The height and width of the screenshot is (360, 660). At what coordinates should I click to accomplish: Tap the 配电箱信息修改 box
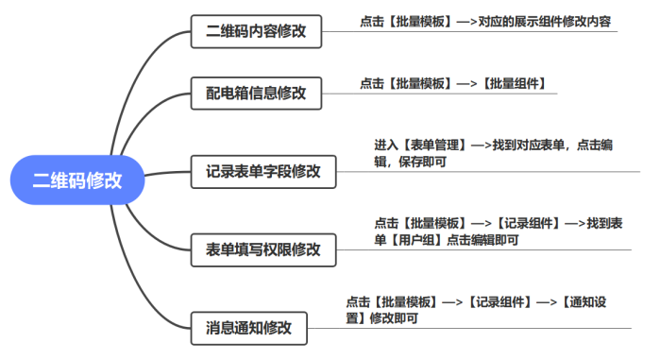pyautogui.click(x=255, y=94)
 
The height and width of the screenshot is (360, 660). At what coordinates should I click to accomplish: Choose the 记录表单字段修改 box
pyautogui.click(x=262, y=172)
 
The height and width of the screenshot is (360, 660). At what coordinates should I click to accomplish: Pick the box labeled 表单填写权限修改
pyautogui.click(x=262, y=250)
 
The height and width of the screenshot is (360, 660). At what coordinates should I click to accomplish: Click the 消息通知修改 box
pyautogui.click(x=248, y=329)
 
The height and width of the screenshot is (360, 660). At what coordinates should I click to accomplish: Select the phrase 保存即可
pyautogui.click(x=422, y=162)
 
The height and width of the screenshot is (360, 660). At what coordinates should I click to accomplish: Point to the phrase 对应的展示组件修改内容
pyautogui.click(x=547, y=20)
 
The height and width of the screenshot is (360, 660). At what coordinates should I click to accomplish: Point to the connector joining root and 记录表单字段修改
pyautogui.click(x=168, y=174)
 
